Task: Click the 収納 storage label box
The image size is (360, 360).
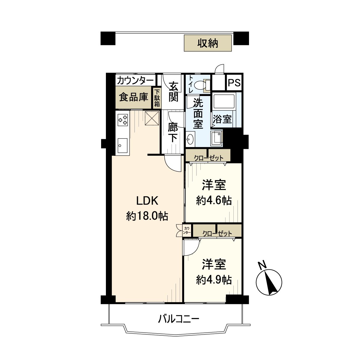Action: (208, 43)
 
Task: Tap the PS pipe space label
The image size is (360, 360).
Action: (235, 82)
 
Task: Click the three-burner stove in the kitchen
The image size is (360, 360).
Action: (123, 120)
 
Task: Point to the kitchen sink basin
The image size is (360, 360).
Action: (123, 146)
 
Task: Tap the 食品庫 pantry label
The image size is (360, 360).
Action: (133, 97)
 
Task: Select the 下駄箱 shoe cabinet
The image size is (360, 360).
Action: (157, 98)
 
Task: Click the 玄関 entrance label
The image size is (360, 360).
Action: (173, 92)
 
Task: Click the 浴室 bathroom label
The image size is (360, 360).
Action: (222, 119)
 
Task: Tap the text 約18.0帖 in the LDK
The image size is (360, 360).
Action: (147, 216)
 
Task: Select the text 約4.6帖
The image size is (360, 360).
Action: (214, 201)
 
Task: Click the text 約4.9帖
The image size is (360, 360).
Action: (214, 280)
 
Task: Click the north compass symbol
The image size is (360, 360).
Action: (269, 282)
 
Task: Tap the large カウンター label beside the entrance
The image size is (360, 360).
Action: (135, 81)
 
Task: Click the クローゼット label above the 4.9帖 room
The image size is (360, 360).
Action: (217, 233)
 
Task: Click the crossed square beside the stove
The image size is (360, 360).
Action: (152, 118)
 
